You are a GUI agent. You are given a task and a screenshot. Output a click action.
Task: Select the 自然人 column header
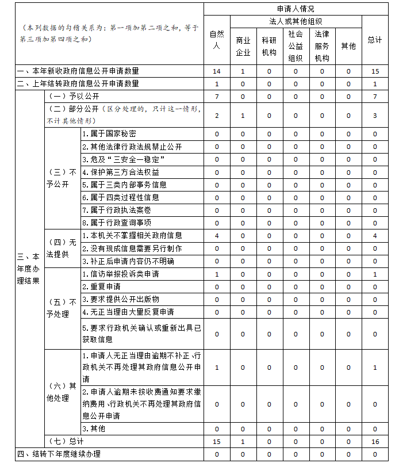coord(217,40)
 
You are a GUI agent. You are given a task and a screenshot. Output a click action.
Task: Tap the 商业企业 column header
coord(243,46)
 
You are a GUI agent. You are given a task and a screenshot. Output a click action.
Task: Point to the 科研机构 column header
coord(269,46)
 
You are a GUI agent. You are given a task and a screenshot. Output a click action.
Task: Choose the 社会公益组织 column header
coord(296,46)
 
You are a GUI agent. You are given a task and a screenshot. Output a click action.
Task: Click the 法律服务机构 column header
coord(322,46)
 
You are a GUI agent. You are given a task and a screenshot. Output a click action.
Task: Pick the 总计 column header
coord(375,40)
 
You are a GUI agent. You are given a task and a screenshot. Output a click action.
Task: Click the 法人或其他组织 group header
coord(296,21)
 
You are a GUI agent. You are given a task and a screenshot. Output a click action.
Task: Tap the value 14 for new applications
coord(217,71)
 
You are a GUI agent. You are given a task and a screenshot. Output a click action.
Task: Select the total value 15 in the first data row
coord(375,71)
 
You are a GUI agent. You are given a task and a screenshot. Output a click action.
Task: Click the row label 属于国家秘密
coord(109,134)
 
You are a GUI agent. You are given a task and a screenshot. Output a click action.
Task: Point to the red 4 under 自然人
coord(217,236)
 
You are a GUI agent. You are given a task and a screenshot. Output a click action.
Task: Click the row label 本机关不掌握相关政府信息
coord(132,236)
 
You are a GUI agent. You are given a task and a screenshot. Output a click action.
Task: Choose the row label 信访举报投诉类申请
coord(121,274)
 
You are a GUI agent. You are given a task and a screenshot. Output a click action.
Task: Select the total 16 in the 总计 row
coord(375,442)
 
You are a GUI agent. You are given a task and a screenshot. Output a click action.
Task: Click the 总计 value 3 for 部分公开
coord(375,116)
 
